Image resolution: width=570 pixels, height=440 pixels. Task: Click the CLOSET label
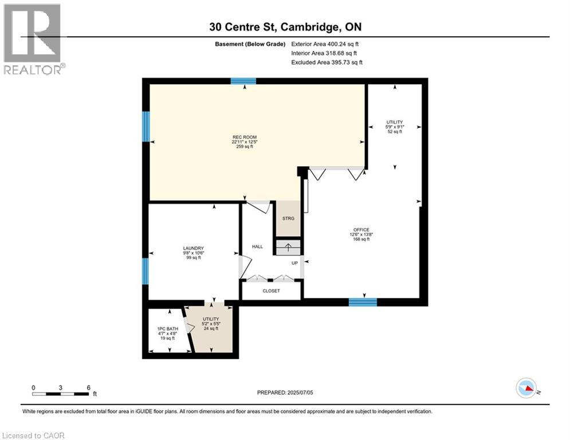(271, 290)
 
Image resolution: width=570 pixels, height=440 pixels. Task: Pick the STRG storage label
(288, 218)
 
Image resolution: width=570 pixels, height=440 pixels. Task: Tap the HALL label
(257, 246)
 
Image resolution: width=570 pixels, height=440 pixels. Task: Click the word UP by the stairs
(295, 263)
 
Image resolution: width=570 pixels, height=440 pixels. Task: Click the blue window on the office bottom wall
(363, 302)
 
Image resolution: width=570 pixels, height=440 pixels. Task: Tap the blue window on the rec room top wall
(243, 81)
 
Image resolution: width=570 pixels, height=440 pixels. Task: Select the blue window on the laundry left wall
(146, 271)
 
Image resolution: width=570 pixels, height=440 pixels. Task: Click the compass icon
(526, 388)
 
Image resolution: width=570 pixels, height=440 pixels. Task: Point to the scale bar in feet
(62, 394)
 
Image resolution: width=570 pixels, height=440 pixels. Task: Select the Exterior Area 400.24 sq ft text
(325, 44)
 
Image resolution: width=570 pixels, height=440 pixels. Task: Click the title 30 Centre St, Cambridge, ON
(285, 27)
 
